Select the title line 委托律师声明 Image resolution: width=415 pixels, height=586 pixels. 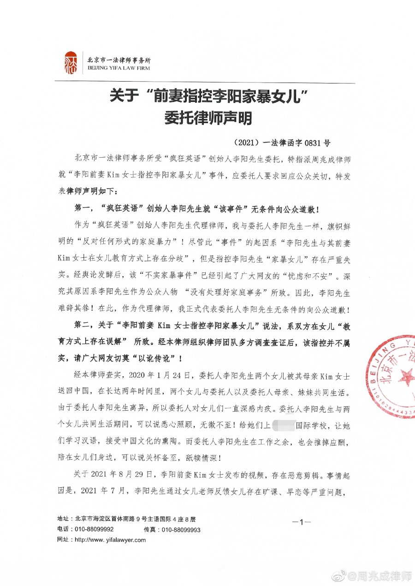click(208, 118)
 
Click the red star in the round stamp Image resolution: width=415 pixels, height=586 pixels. click(405, 376)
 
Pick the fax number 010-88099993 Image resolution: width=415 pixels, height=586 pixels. click(181, 530)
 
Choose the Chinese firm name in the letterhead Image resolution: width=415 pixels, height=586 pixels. click(119, 60)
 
